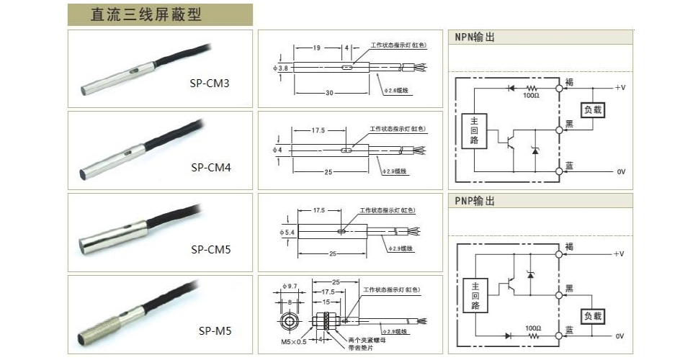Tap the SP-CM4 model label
pyautogui.click(x=209, y=166)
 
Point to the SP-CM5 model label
pyautogui.click(x=209, y=250)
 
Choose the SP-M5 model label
pyautogui.click(x=214, y=331)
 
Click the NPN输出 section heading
pyautogui.click(x=475, y=37)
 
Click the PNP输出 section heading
pyautogui.click(x=475, y=201)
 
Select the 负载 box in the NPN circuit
pyautogui.click(x=592, y=110)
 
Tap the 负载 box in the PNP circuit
pyautogui.click(x=592, y=317)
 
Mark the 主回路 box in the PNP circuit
pyautogui.click(x=474, y=295)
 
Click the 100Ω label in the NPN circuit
pyautogui.click(x=531, y=95)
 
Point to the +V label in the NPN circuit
pyautogui.click(x=619, y=86)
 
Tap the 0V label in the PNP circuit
pyautogui.click(x=619, y=336)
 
